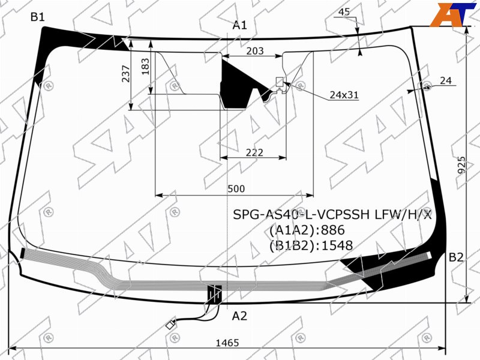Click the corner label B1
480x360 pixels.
(38, 17)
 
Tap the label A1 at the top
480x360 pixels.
(239, 25)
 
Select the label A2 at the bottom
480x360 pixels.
(239, 316)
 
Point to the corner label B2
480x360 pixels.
(456, 257)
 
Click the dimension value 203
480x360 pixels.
(255, 51)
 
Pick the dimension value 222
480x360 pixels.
(254, 152)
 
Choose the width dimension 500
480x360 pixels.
(236, 188)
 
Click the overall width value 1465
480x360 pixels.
(227, 343)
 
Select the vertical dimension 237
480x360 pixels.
(126, 73)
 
